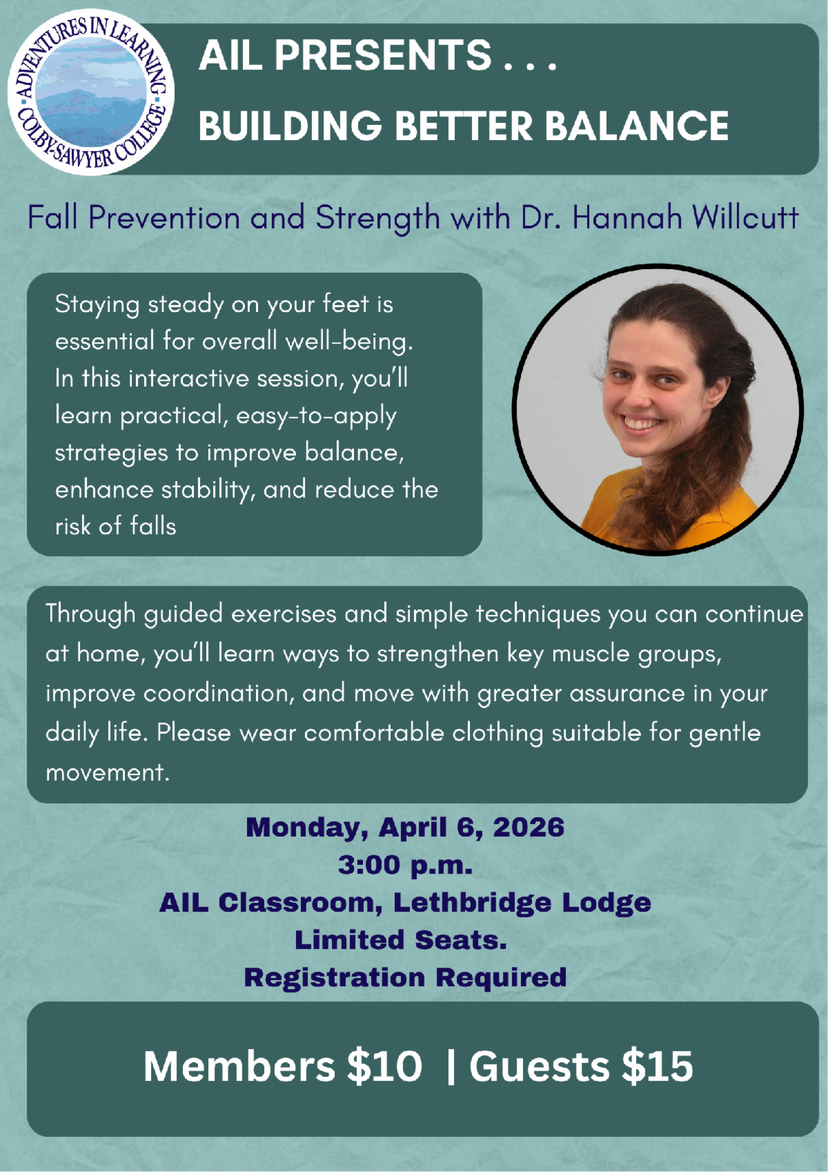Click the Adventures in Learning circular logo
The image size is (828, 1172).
click(91, 92)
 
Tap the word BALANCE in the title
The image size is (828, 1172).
click(637, 126)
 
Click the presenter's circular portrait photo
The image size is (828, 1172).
click(658, 410)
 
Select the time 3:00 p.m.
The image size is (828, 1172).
click(405, 865)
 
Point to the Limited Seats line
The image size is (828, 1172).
click(401, 939)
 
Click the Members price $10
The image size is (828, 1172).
click(384, 1066)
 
